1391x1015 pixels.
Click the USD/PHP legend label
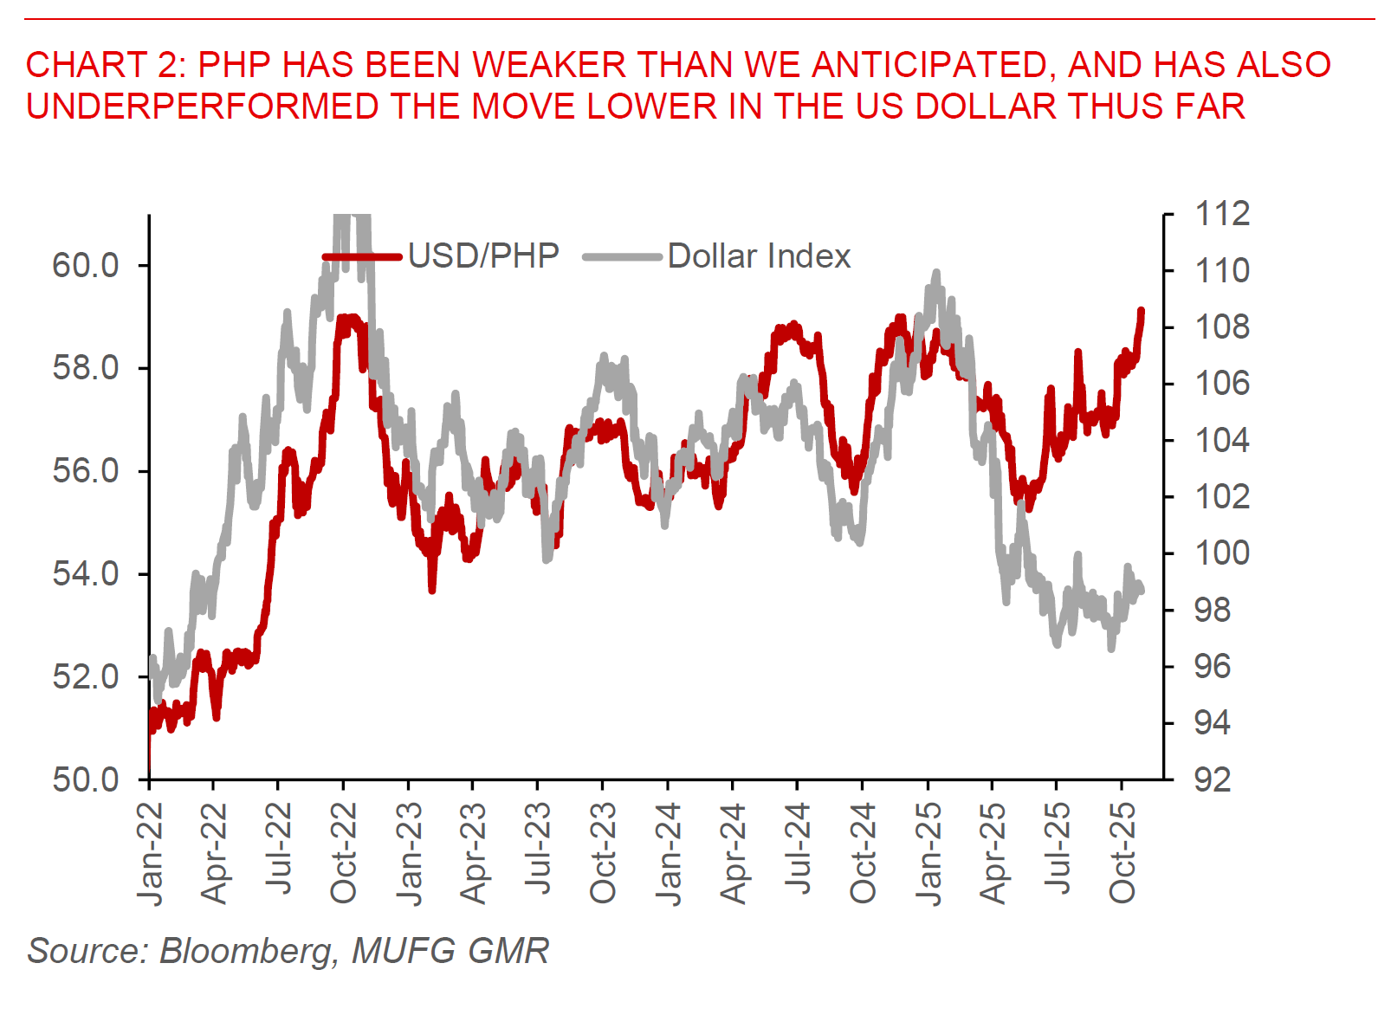click(483, 256)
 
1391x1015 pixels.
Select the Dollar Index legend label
click(759, 256)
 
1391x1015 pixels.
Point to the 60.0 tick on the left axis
click(86, 265)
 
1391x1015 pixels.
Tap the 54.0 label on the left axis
click(86, 573)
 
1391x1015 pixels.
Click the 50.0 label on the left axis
click(86, 779)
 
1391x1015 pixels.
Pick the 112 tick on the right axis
click(1222, 213)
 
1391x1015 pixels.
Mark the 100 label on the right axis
click(1222, 553)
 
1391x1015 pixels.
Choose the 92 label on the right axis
click(1212, 779)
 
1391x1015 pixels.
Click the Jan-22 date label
click(151, 854)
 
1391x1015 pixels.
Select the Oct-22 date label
click(344, 853)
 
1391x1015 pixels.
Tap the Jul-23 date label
click(538, 849)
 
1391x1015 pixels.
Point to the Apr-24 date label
click(733, 853)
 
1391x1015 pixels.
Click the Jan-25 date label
click(928, 854)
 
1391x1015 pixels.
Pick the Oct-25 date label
click(1123, 853)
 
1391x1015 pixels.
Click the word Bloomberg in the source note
click(247, 951)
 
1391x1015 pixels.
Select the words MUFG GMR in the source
click(450, 951)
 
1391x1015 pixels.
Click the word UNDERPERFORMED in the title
click(203, 107)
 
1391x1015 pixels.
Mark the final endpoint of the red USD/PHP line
click(1142, 311)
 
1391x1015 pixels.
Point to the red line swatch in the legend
click(362, 256)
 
